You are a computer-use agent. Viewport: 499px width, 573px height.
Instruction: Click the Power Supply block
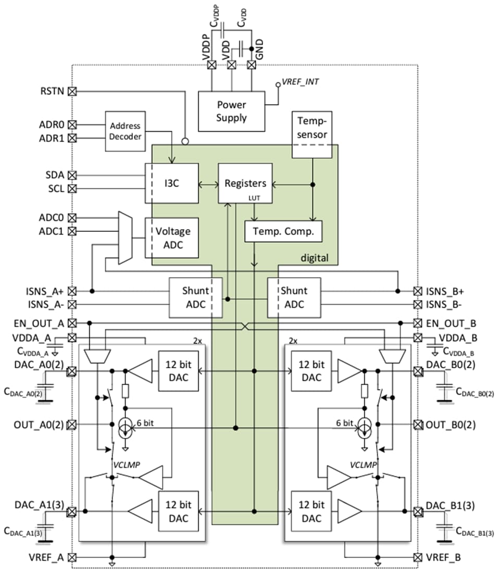pos(231,111)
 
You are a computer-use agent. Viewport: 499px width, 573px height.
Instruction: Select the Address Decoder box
pos(125,131)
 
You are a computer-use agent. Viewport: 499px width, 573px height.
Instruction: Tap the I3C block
pos(171,183)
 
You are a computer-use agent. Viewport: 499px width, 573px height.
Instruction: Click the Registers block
pos(245,183)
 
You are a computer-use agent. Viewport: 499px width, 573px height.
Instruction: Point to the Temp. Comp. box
pos(283,232)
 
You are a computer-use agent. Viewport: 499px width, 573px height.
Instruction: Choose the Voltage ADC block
pos(172,238)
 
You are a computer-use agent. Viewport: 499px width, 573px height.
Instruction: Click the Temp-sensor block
pos(311,128)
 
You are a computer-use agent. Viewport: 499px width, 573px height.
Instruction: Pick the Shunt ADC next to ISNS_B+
pos(294,297)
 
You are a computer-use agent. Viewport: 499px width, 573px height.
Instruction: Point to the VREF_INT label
pos(301,82)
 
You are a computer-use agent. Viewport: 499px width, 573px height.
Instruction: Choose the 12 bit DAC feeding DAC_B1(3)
pos(311,512)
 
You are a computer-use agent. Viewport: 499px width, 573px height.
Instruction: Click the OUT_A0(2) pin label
pos(39,425)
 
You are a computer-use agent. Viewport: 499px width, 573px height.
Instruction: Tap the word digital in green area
pos(315,258)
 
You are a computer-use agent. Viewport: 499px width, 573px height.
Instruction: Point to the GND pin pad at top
pos(252,65)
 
